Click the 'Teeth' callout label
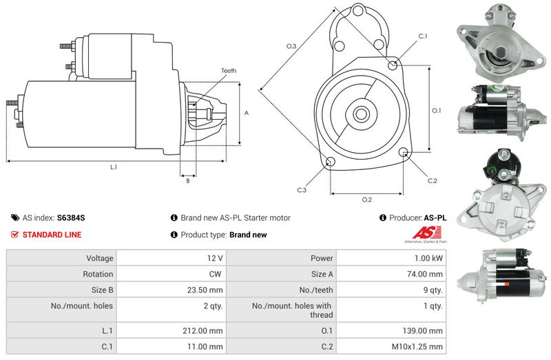229,71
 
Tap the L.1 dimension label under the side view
114,167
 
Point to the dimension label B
188,181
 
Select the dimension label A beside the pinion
247,113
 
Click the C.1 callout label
423,36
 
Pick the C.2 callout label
433,181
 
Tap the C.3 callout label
302,190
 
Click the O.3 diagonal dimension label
291,46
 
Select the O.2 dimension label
367,200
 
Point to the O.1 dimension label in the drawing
436,111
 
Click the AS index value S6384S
71,218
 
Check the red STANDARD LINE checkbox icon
14,234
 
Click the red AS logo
426,233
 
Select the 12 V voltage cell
215,258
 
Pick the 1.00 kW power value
428,258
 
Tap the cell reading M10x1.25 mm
417,347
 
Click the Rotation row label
98,274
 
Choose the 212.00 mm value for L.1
202,330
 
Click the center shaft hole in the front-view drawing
360,114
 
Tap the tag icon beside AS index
15,218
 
